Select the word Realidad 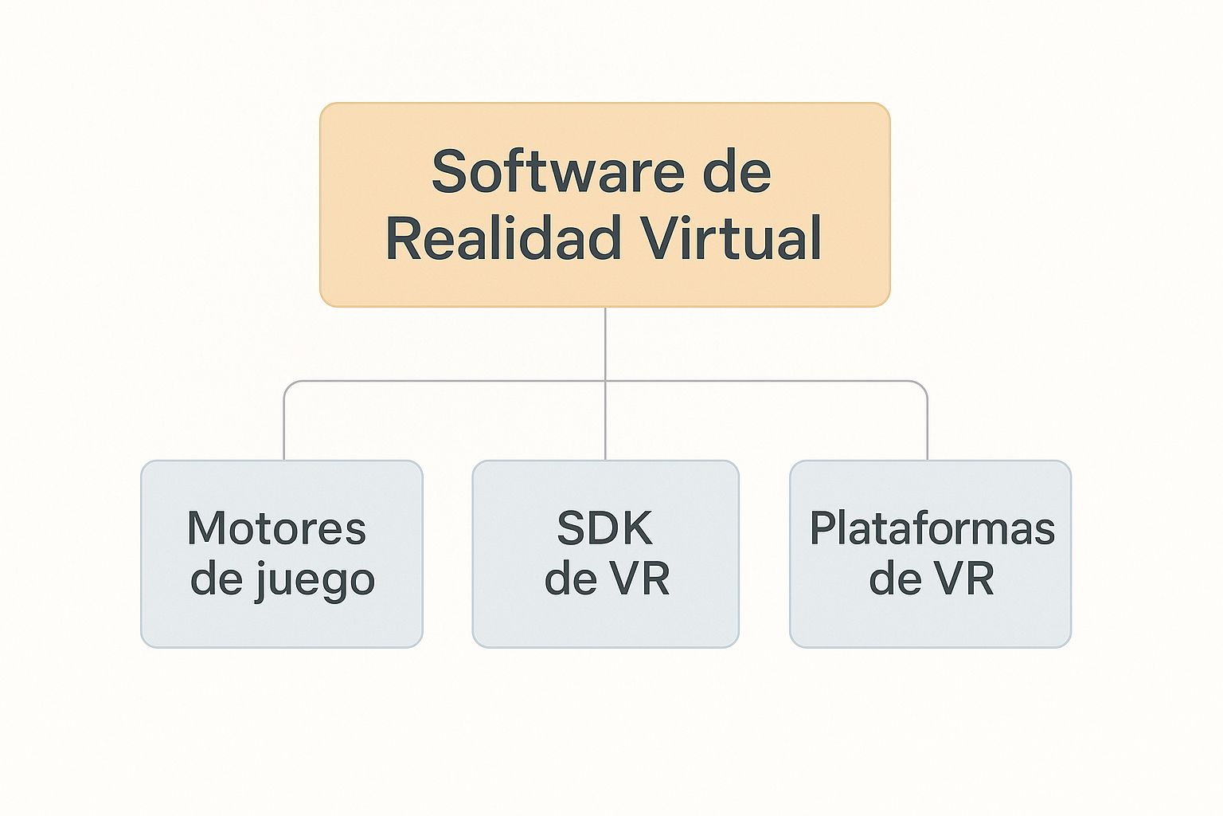coord(503,238)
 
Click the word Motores coord(276,528)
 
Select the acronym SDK coord(604,528)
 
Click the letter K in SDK coord(638,528)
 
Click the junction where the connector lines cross coord(605,381)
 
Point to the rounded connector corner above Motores coord(288,386)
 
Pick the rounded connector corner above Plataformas coord(923,386)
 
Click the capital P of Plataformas coord(823,528)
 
